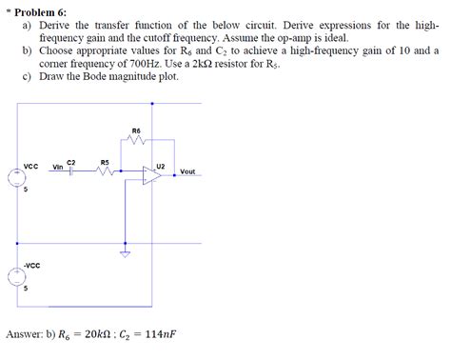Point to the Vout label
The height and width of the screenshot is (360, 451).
[x=187, y=171]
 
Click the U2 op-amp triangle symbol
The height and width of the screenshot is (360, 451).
[x=152, y=177]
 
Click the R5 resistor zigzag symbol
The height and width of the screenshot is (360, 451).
[x=104, y=172]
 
